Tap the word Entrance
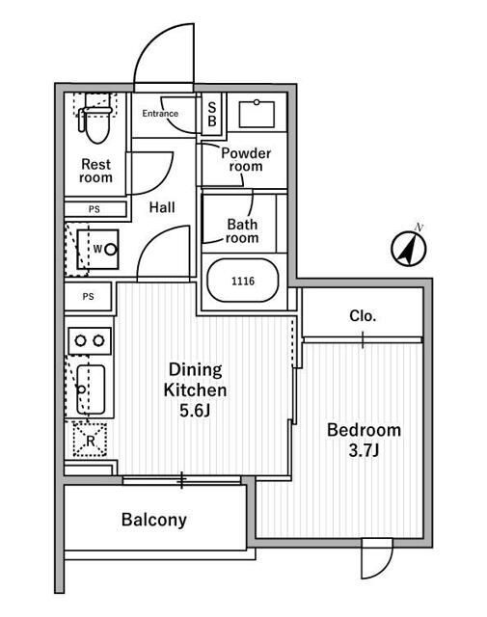(160, 114)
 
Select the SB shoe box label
(212, 114)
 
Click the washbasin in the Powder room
(257, 114)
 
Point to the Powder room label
(246, 159)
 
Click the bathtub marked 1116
(243, 281)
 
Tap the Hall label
(162, 207)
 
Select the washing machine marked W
(98, 249)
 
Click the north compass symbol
(409, 248)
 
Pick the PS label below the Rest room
(95, 209)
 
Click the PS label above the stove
(88, 296)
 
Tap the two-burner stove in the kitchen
(90, 340)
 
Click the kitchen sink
(91, 389)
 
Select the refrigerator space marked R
(90, 440)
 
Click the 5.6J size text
(195, 411)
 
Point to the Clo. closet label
(363, 315)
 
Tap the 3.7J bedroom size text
(364, 450)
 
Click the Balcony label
(154, 520)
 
